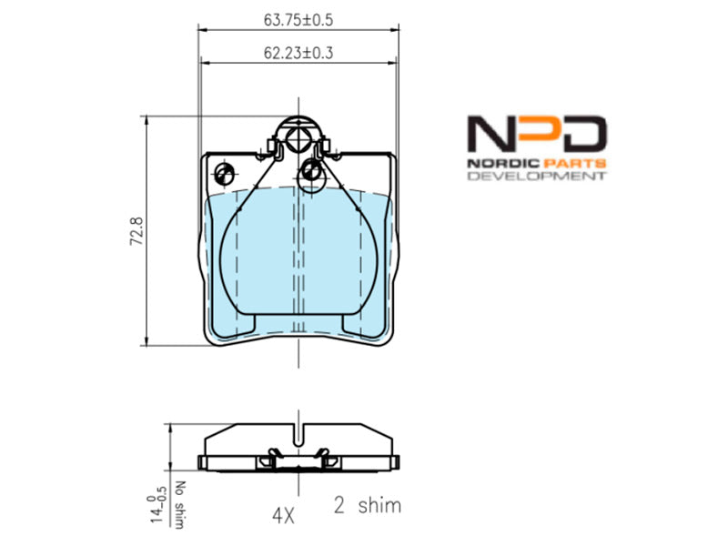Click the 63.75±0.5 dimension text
(x=298, y=20)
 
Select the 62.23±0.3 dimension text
(x=298, y=53)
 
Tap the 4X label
(x=283, y=515)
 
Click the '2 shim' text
(x=368, y=505)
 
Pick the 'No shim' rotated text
(x=179, y=504)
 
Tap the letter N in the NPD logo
(x=490, y=134)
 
